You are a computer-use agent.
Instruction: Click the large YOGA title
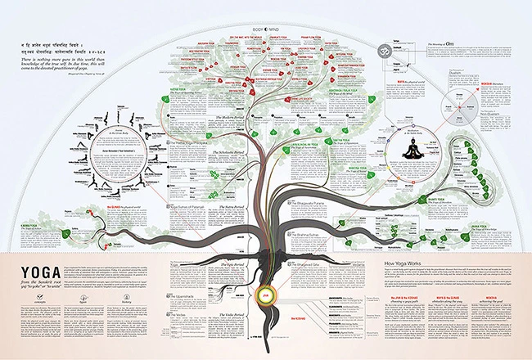(33, 270)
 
